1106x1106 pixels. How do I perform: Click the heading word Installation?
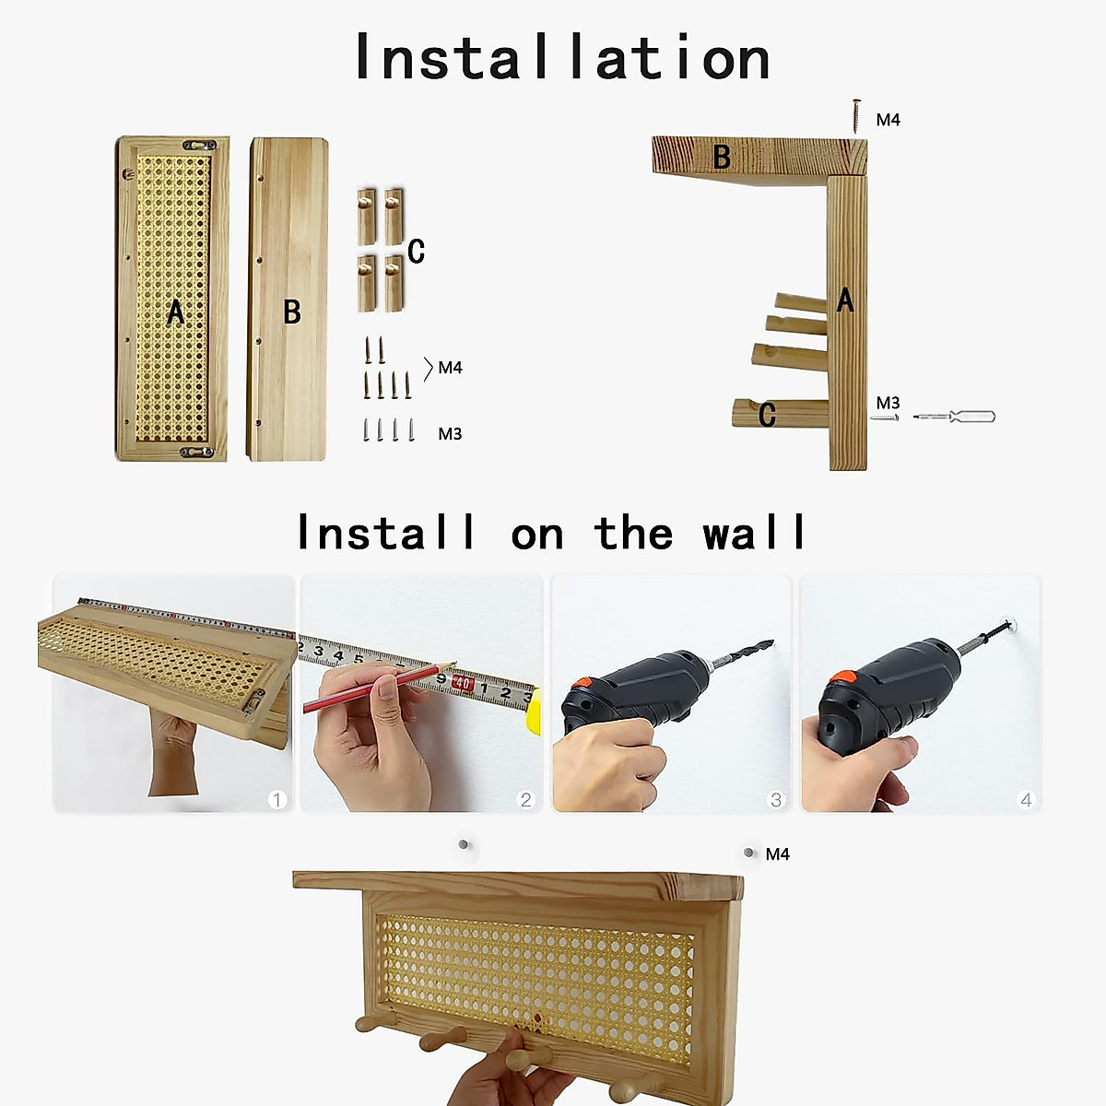pos(561,57)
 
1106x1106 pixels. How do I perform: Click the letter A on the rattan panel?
pos(175,312)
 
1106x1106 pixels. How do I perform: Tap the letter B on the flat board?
pos(292,312)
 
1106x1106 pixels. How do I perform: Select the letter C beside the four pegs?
pos(416,251)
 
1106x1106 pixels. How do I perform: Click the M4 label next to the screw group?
pos(450,368)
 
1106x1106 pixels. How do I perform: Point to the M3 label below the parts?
pos(450,434)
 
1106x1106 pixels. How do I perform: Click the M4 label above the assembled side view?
pos(888,120)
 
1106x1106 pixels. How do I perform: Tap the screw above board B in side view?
pos(856,116)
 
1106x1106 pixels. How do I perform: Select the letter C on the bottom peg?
pos(767,416)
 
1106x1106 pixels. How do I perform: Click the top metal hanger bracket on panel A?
pos(201,145)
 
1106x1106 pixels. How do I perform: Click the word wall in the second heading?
pos(754,534)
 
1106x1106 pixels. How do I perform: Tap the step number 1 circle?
pos(276,799)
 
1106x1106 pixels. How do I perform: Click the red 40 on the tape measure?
pos(463,685)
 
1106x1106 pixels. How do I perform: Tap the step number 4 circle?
pos(1026,799)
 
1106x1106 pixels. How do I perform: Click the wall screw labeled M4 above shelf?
pos(749,853)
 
